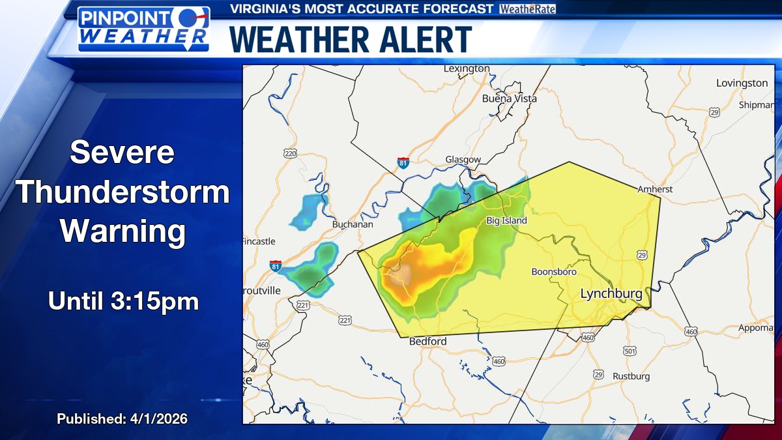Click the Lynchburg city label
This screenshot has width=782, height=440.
coord(611,294)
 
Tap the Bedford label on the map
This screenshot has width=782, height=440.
coord(427,342)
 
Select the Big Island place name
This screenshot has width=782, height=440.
coord(506,221)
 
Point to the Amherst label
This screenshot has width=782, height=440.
coord(655,189)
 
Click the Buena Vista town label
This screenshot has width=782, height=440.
coord(510,98)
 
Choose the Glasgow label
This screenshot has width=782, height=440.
coord(463,160)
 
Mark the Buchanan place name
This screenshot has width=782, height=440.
coord(353,224)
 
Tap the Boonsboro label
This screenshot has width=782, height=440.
coord(554,272)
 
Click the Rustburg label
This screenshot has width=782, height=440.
coord(631,376)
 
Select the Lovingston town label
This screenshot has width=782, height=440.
coord(742,83)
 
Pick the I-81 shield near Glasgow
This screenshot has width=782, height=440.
coord(403,162)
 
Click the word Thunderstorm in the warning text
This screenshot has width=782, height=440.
coord(123,192)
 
